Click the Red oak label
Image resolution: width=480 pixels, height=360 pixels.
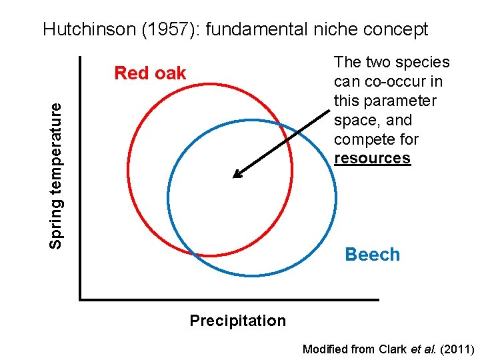coord(150,73)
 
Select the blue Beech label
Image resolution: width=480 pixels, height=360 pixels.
coord(372,254)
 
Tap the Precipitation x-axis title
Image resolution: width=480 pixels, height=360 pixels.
coord(237,321)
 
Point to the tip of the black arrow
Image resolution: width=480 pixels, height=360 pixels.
coord(233,177)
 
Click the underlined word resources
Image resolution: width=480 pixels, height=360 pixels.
coord(372,158)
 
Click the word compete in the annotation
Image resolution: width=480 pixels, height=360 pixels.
coord(361,139)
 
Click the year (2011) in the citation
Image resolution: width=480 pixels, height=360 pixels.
coord(457,349)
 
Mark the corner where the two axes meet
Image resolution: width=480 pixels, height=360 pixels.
coord(80,299)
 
